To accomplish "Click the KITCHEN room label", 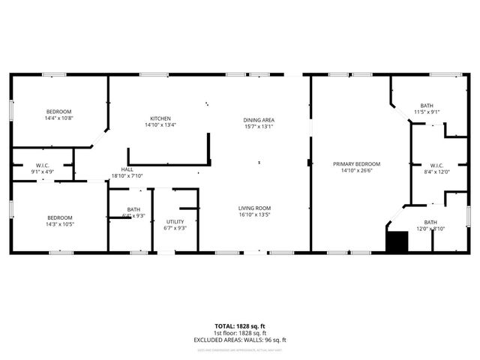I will (160, 118).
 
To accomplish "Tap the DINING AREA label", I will (258, 120).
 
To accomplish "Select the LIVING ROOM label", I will (254, 208).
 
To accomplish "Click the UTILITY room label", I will (175, 221).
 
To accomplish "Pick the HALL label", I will (127, 169).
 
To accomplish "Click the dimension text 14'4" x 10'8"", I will (58, 118).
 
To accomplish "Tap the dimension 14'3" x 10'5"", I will (58, 223).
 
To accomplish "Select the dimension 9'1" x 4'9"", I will (42, 171).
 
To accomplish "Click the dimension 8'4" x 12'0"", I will (436, 171).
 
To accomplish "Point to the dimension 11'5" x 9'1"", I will (427, 112).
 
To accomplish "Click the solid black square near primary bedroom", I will (396, 241).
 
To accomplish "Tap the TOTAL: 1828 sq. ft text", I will (240, 326).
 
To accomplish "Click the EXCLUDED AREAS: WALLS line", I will (240, 340).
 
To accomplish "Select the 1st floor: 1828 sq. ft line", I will (240, 333).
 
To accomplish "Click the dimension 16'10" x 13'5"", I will (254, 214).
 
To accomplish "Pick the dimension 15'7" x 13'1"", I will (258, 127).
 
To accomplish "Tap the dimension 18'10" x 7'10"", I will (127, 176).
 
